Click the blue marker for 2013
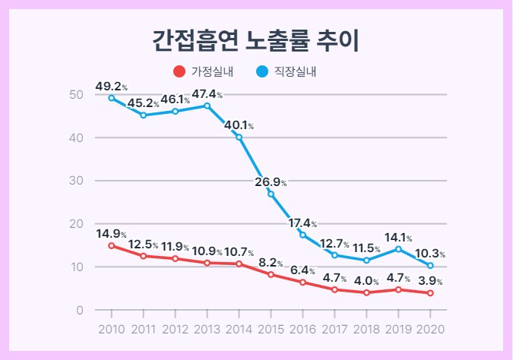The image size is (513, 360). [207, 106]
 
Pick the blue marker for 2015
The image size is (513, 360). [271, 194]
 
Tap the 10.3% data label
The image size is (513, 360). [430, 254]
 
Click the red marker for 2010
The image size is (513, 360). [112, 245]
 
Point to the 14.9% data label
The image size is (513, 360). [111, 234]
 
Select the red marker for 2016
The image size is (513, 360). [303, 283]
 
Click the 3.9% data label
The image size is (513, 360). [430, 281]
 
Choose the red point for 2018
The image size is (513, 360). [366, 292]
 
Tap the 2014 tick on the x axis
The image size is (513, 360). [239, 329]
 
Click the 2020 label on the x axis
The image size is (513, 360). [430, 329]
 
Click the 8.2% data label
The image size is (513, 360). [271, 263]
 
